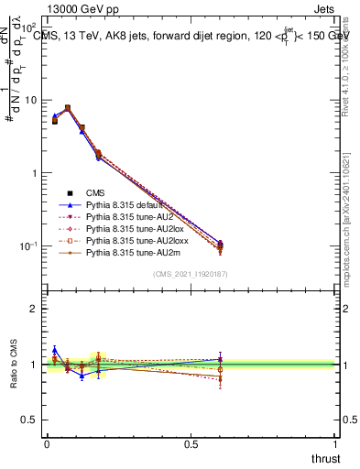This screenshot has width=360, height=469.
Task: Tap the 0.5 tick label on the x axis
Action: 191,443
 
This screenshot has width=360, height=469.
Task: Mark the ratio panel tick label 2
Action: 33,309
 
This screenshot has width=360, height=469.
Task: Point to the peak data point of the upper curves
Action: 68,108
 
